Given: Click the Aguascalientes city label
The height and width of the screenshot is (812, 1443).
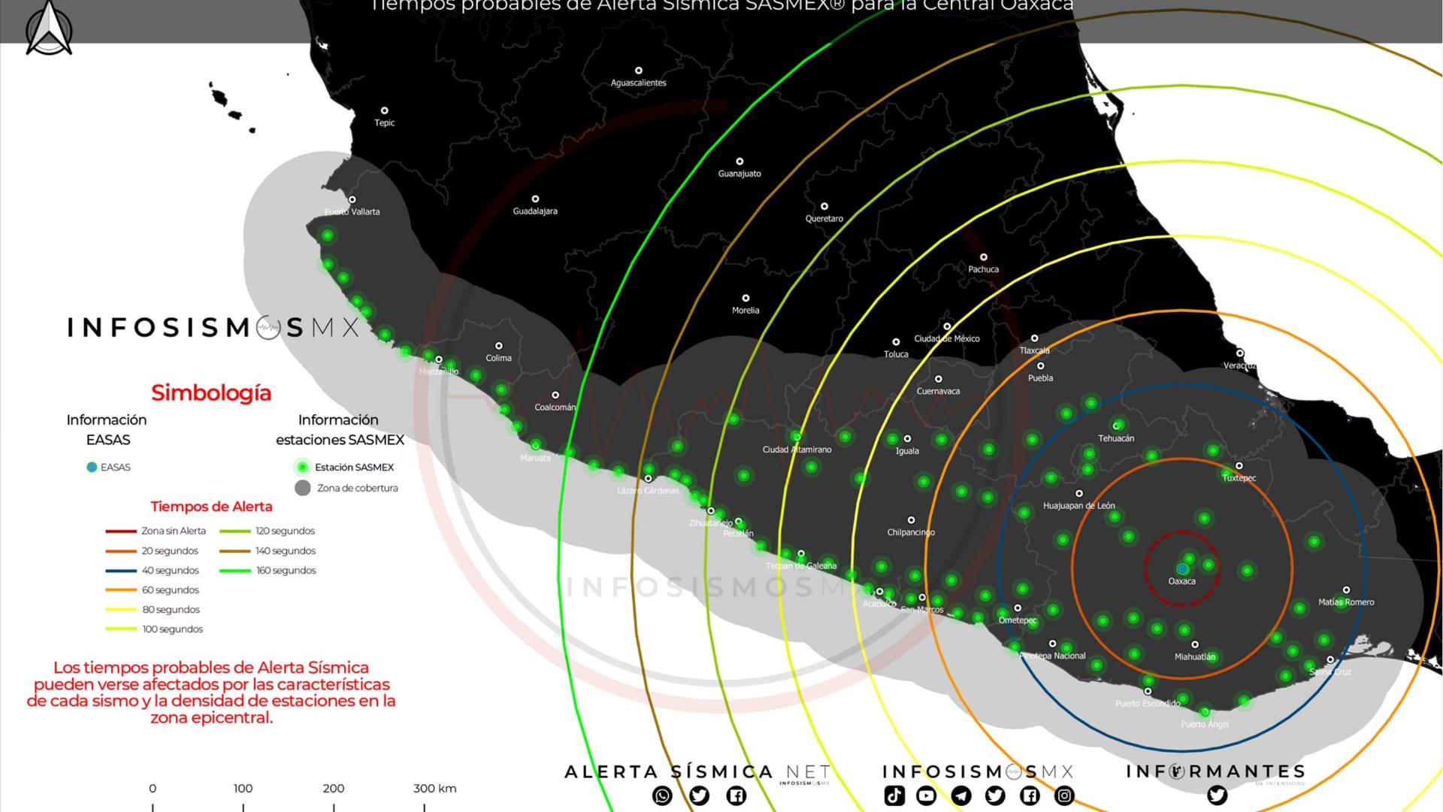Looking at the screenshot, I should click(638, 83).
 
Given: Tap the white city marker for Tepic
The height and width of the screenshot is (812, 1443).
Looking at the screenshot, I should click(384, 111).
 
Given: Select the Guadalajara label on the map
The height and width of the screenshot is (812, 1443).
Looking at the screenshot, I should click(535, 211).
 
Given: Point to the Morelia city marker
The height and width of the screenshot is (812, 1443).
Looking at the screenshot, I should click(746, 298).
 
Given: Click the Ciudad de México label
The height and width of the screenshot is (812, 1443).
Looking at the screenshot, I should click(947, 339).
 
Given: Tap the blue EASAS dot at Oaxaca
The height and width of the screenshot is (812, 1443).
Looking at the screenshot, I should click(1182, 569).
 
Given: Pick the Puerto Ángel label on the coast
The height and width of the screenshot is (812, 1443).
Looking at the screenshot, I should click(1205, 725).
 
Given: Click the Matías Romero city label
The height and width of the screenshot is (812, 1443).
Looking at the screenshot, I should click(1346, 602).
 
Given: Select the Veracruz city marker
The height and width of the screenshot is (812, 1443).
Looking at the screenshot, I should click(1240, 353).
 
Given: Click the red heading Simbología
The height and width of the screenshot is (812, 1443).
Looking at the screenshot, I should click(211, 393).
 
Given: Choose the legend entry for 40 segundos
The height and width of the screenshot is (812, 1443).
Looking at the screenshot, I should click(170, 571).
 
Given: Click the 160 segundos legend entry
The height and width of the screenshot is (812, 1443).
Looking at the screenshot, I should click(286, 571).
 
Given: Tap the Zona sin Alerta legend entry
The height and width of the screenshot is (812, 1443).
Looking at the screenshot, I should click(173, 531).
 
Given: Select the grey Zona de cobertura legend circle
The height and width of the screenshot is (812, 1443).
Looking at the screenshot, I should click(303, 488).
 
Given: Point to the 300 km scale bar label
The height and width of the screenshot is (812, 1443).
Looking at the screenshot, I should click(434, 789).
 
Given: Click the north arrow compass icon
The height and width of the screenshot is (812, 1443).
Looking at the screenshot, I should click(49, 29).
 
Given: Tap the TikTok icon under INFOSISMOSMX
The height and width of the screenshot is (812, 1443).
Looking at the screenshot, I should click(894, 795).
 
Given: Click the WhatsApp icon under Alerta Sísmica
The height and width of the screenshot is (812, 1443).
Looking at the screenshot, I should click(662, 795).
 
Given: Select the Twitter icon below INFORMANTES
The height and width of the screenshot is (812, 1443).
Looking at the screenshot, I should click(1217, 795).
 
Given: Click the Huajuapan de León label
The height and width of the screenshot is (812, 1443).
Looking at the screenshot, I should click(1078, 506).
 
